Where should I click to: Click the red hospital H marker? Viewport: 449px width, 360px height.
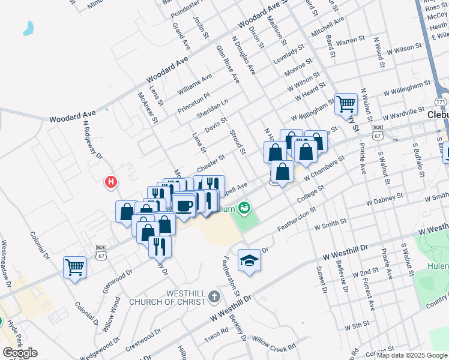[x=110, y=181]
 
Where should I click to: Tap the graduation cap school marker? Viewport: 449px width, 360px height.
[x=249, y=260]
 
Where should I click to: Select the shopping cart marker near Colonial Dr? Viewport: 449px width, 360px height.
[x=75, y=267]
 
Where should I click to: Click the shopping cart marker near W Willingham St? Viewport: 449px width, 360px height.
[x=346, y=104]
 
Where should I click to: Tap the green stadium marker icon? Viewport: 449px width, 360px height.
[x=244, y=209]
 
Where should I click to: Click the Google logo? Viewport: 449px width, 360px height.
[x=19, y=353]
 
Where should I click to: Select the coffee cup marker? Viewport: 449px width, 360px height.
[x=184, y=206]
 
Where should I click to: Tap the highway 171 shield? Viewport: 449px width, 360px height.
[x=441, y=102]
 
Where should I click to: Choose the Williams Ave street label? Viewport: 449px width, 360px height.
[x=194, y=85]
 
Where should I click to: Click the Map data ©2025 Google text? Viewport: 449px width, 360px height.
[x=412, y=355]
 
